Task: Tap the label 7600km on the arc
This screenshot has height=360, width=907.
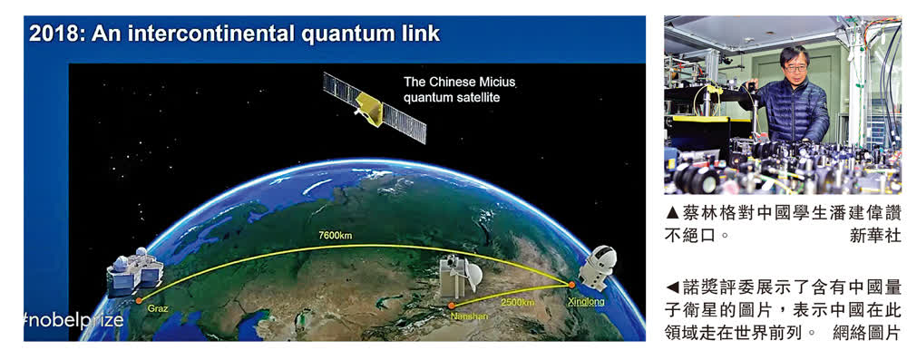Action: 334,236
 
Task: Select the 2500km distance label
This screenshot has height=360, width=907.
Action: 517,303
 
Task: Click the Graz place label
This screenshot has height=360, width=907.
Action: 158,309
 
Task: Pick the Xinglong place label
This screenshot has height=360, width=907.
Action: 586,302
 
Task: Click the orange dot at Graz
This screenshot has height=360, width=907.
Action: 139,300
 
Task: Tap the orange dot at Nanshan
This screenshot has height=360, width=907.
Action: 453,305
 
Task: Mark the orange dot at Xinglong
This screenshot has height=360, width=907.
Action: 571,284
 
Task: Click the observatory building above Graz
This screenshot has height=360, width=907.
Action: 134,268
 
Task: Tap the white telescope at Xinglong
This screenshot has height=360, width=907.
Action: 598,269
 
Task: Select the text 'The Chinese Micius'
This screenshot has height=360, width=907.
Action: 459,83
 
